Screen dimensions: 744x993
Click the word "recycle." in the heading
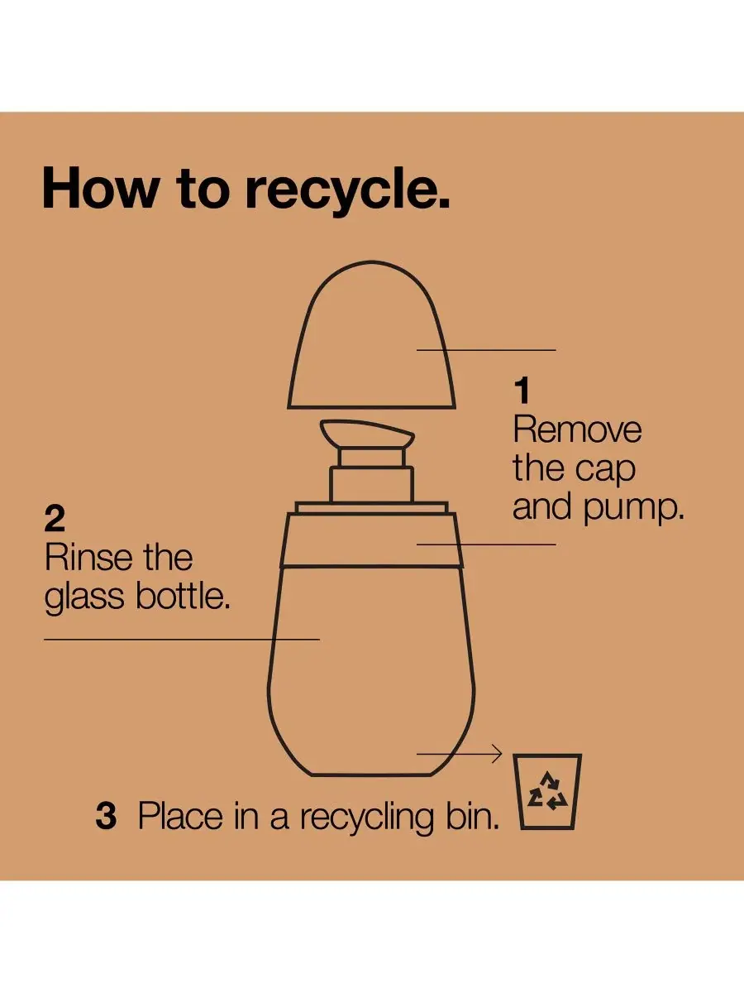point(348,189)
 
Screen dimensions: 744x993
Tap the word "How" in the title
point(98,187)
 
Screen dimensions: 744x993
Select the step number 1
point(522,391)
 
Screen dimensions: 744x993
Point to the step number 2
point(55,519)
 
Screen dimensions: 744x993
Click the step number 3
point(106,816)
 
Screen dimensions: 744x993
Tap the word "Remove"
point(577,429)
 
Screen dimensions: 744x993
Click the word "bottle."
point(183,595)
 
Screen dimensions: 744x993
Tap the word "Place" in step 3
point(180,816)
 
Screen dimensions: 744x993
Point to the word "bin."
point(473,816)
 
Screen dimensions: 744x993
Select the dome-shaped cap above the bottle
point(372,335)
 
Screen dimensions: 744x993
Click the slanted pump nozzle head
point(367,434)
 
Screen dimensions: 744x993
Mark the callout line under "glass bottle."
point(182,640)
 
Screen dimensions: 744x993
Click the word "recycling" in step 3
point(367,818)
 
